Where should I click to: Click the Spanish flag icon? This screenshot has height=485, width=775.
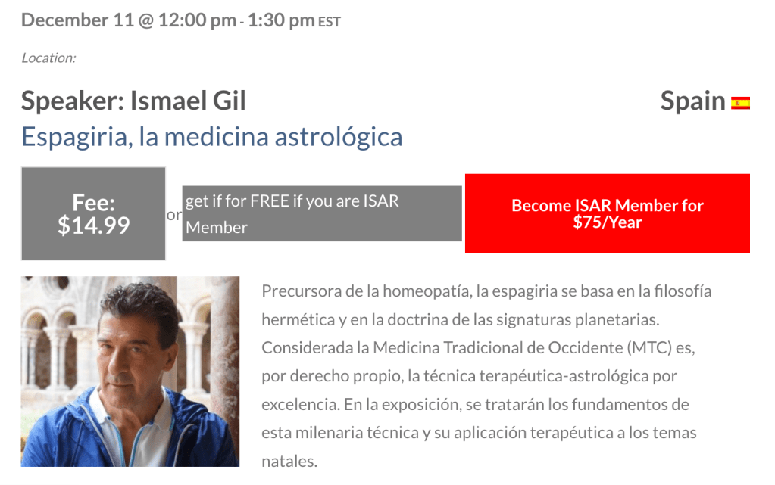[740, 103]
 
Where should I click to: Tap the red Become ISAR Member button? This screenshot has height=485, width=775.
[608, 213]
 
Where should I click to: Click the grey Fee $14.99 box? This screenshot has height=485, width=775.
[93, 213]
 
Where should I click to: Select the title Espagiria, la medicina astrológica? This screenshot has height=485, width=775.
[211, 137]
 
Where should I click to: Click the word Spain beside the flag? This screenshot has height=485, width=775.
[693, 101]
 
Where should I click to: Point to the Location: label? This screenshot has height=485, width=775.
[48, 58]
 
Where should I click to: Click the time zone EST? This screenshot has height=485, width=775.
[330, 22]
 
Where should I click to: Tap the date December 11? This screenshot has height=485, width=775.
[77, 20]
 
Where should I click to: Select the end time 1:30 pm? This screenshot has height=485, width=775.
[281, 20]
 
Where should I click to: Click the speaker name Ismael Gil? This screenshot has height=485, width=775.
[188, 101]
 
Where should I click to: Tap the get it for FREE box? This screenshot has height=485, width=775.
[322, 213]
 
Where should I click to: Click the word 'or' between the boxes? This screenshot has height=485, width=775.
[174, 215]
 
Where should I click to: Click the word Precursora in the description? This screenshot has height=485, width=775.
[302, 291]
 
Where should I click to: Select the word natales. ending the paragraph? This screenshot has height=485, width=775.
[289, 462]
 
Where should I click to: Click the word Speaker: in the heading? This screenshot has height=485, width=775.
[73, 101]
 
